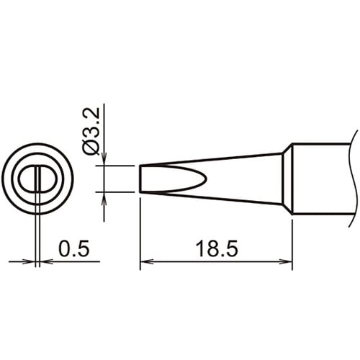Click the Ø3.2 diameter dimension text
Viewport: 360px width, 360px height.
point(91,131)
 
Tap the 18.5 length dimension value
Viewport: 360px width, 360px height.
point(217,249)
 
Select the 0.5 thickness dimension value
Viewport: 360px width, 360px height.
point(74,248)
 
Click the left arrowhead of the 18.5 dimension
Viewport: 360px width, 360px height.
point(146,261)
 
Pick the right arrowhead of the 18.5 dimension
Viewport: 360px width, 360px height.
point(286,261)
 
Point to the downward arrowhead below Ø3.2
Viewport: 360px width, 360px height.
point(104,159)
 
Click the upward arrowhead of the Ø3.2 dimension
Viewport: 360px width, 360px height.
point(104,199)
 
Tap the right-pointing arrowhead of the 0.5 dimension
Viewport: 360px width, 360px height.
point(29,261)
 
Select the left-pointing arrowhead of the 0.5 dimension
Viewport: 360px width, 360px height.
point(46,261)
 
